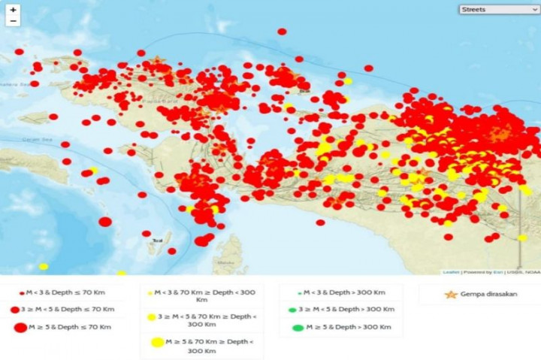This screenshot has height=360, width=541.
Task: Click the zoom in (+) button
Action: tap(14, 10)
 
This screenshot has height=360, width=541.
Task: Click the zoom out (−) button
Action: tap(14, 21)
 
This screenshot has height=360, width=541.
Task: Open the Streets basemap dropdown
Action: tap(499, 10)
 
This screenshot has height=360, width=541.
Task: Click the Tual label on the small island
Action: tap(157, 241)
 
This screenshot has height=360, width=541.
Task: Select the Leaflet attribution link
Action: tap(451, 272)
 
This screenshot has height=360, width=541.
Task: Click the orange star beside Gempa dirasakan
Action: tap(451, 294)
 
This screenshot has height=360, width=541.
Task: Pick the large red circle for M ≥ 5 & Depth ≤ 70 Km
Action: tap(20, 327)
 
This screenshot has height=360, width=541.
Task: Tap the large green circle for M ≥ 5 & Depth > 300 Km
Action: tap(298, 327)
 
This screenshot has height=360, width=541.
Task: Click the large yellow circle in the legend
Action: tap(157, 343)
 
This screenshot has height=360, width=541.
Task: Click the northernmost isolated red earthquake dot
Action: tap(282, 32)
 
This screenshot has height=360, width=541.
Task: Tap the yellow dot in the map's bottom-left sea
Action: tap(44, 266)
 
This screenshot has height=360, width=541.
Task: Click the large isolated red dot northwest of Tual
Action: tap(105, 222)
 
